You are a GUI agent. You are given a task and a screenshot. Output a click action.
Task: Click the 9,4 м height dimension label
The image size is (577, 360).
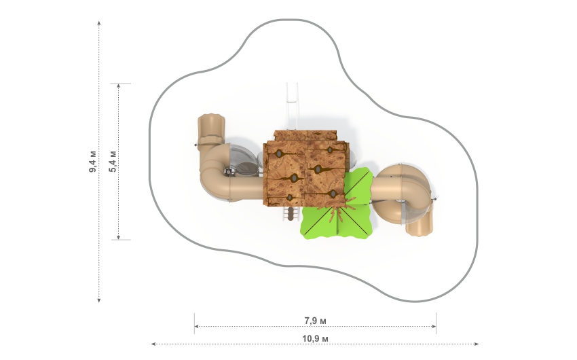pos(93,161)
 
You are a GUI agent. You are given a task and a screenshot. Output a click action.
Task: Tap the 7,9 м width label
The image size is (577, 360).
pos(316,321)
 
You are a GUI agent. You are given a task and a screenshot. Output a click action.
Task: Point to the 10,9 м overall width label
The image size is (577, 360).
pos(316,338)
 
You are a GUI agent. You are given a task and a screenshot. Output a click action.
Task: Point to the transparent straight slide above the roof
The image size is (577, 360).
pos(292,107)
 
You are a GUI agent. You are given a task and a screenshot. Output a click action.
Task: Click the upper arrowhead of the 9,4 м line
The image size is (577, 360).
pos(99,23)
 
